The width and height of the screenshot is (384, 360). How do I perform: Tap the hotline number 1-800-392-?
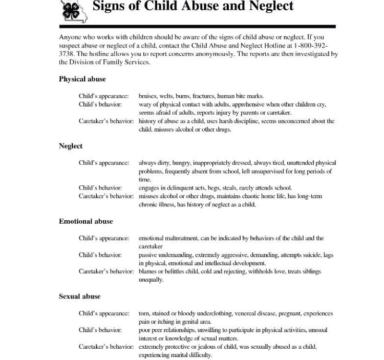312,46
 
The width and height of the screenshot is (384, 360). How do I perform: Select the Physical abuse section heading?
82,79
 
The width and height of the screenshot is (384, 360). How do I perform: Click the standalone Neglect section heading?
71,146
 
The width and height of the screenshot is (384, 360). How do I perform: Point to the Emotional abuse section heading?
86,221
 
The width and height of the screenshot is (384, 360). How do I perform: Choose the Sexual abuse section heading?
79,297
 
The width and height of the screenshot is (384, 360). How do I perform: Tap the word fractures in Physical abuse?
203,96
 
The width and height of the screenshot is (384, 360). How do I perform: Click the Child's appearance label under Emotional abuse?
104,238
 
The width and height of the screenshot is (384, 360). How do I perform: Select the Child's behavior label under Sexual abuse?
100,330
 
